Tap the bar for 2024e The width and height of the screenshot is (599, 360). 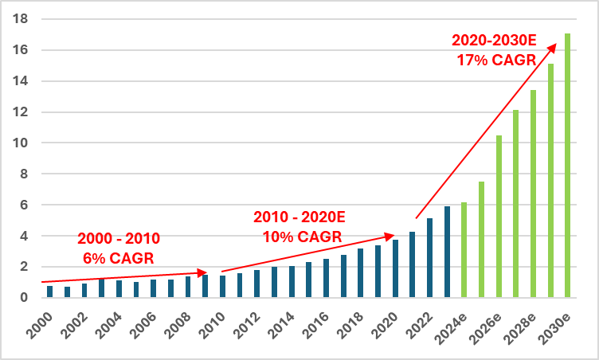tap(464, 250)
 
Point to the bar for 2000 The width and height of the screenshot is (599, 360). tap(49, 292)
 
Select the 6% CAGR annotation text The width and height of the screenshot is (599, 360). tap(119, 257)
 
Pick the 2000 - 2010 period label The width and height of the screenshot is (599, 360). tap(119, 238)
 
